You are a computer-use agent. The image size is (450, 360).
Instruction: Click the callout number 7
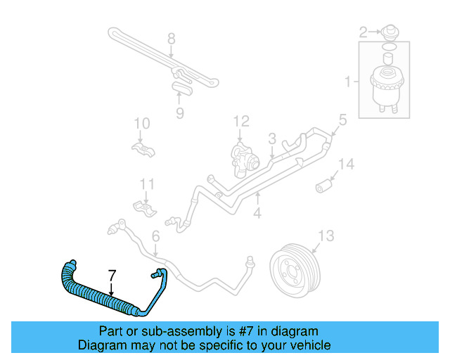[110, 275]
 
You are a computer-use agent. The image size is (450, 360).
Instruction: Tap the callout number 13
[326, 235]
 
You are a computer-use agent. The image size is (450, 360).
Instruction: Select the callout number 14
[346, 165]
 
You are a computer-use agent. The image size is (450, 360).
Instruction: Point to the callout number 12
[241, 121]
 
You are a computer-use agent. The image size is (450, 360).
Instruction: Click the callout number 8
[171, 38]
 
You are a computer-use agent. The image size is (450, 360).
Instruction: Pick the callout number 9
[179, 112]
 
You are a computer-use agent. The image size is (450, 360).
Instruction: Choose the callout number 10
[142, 124]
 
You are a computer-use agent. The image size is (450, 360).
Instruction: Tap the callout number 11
[146, 185]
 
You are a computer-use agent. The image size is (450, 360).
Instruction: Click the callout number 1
[347, 83]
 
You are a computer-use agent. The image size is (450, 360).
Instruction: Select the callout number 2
[364, 31]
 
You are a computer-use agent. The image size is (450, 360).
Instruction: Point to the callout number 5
[342, 120]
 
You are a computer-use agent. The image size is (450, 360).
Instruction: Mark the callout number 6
[155, 238]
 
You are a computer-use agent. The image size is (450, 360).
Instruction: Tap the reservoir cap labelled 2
[387, 32]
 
